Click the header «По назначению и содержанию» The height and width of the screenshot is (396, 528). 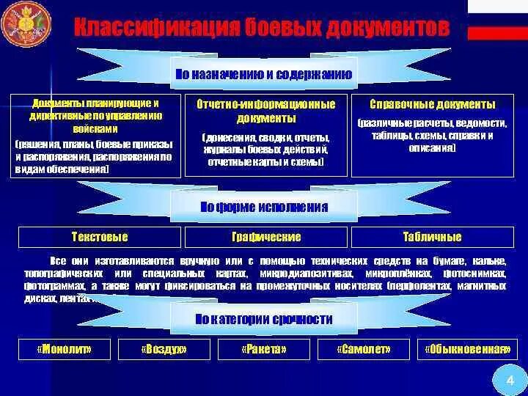pyautogui.click(x=264, y=74)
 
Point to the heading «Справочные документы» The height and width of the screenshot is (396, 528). pyautogui.click(x=432, y=104)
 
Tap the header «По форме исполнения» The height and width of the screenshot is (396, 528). pyautogui.click(x=264, y=207)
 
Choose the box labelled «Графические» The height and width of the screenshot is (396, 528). pyautogui.click(x=265, y=237)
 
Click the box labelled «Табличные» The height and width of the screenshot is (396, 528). pyautogui.click(x=432, y=237)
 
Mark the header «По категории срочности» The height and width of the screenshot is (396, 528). pyautogui.click(x=264, y=319)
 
